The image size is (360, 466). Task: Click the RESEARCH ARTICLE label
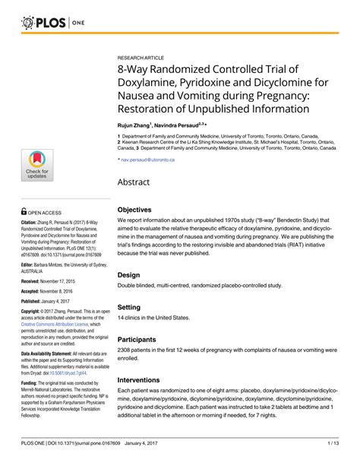click(142, 58)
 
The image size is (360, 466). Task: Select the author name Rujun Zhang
click(134, 123)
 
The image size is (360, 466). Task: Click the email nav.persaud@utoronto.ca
click(148, 160)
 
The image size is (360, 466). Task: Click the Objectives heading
click(139, 209)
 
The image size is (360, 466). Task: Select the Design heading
click(129, 274)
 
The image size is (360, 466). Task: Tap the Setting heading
click(131, 307)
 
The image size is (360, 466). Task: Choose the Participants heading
click(142, 340)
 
